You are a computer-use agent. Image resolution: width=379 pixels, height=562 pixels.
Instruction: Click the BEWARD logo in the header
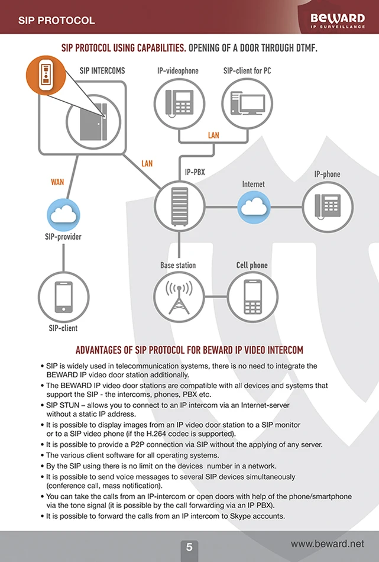(x=338, y=21)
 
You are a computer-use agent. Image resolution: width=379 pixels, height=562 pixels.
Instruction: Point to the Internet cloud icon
(x=254, y=206)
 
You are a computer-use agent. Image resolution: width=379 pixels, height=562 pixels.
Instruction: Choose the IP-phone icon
(x=327, y=206)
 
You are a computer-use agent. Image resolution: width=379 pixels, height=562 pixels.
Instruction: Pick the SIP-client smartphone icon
(x=63, y=296)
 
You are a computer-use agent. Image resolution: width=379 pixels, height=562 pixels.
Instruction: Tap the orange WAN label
(x=57, y=182)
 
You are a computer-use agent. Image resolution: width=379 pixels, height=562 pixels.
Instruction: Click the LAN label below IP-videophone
(x=213, y=135)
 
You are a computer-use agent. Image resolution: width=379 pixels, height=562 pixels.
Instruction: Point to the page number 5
(x=189, y=547)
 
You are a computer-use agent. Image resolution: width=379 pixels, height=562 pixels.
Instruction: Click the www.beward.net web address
(x=328, y=544)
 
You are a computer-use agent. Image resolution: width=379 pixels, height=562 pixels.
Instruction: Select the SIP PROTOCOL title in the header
(x=56, y=21)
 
